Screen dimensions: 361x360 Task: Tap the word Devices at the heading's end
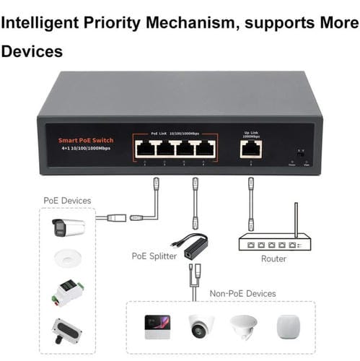click(x=32, y=52)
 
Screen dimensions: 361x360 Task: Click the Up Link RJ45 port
click(x=250, y=148)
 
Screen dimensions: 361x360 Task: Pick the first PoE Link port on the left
click(x=145, y=149)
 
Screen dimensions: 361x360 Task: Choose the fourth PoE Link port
click(x=206, y=149)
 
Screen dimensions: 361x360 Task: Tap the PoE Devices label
click(x=66, y=200)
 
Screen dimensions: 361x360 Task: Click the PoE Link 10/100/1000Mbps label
click(x=175, y=134)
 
